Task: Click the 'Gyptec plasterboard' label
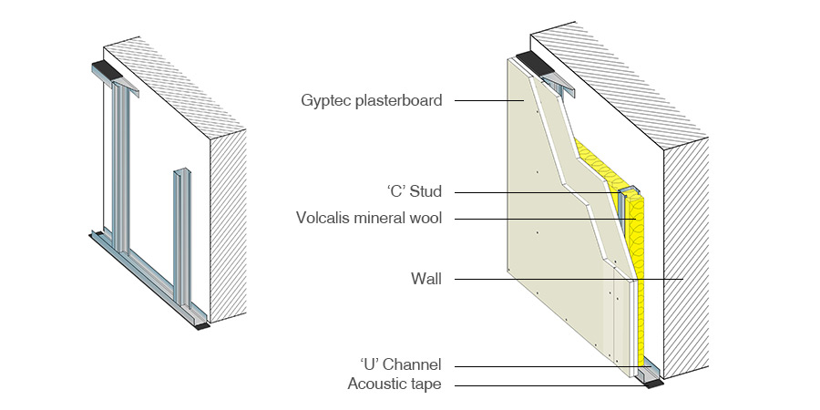(x=372, y=100)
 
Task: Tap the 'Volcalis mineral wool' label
(x=369, y=219)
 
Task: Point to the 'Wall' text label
(x=425, y=279)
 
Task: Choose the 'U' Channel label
(x=401, y=365)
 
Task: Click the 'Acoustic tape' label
(x=395, y=384)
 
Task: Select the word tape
(x=425, y=384)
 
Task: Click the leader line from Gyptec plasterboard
(x=483, y=100)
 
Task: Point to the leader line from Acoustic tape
(x=547, y=384)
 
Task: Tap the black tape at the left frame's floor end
(x=202, y=323)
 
